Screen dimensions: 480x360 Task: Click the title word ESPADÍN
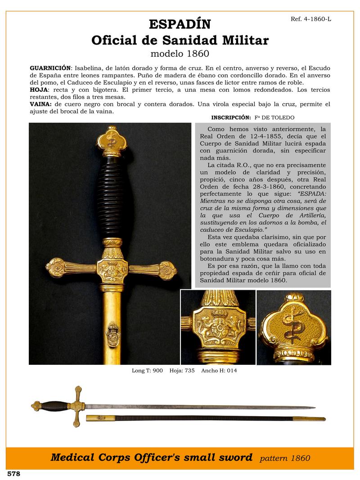point(180,24)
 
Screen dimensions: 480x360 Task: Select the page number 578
point(13,474)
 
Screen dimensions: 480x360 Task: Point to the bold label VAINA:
point(40,104)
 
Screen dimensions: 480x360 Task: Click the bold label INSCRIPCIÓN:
point(231,117)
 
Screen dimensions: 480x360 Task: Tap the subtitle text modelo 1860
point(180,54)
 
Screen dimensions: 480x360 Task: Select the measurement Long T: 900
point(147,371)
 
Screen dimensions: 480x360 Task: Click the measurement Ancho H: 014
point(219,371)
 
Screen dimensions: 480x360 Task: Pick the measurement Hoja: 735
point(182,371)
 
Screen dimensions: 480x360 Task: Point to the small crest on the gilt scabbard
point(112,335)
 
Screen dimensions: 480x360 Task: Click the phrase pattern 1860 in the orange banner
point(285,458)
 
